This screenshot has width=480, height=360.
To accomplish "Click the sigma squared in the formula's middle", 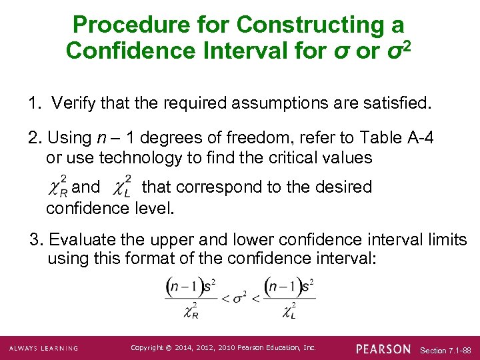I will pyautogui.click(x=239, y=297).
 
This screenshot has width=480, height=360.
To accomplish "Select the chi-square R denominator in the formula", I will pyautogui.click(x=191, y=310).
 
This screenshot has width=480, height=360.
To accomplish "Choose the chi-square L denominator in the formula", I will pyautogui.click(x=290, y=310).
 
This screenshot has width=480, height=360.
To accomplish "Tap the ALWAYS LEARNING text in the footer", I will pyautogui.click(x=43, y=348).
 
